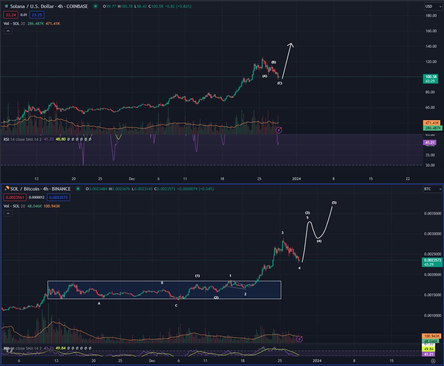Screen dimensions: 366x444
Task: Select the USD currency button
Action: [429, 6]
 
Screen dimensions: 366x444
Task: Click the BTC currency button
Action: [429, 189]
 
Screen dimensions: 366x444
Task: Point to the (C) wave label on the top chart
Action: [280, 83]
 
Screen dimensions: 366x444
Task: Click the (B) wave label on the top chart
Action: [273, 62]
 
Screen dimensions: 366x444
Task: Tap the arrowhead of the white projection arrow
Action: [291, 45]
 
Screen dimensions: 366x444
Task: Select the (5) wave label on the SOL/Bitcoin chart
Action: [334, 203]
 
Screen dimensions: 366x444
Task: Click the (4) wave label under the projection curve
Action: [319, 241]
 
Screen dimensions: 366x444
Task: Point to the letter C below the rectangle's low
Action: [176, 306]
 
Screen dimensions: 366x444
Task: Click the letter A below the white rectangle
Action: [99, 303]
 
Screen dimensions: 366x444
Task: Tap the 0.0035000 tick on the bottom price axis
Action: [432, 214]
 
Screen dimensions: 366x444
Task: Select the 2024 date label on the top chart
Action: [296, 178]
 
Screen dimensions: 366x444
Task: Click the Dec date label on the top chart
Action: [132, 178]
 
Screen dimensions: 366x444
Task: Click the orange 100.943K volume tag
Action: [432, 336]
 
